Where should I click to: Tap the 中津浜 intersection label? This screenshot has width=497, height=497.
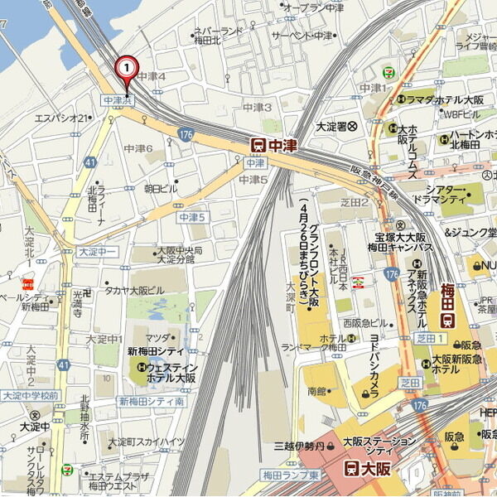[x=117, y=100]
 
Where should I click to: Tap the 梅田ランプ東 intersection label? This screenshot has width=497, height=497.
[x=291, y=475]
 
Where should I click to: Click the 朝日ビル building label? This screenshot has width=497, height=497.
[x=161, y=189]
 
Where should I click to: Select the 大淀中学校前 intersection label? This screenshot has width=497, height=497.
[x=30, y=396]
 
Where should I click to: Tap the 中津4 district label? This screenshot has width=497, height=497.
[x=152, y=77]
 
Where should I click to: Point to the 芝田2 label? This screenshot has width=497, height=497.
[x=354, y=201]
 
